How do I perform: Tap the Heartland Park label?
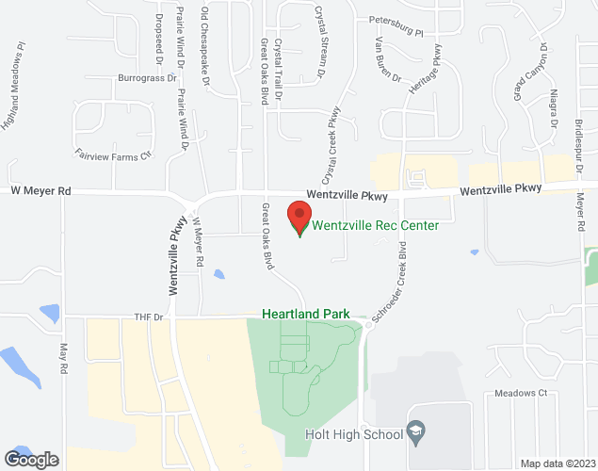(305, 314)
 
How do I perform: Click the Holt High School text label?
(354, 433)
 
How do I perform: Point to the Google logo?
(31, 459)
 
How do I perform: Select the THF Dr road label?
(149, 317)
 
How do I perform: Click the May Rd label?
(64, 359)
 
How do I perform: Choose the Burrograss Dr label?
(146, 78)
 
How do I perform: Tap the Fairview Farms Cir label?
(113, 153)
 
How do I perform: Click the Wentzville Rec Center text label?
(376, 225)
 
